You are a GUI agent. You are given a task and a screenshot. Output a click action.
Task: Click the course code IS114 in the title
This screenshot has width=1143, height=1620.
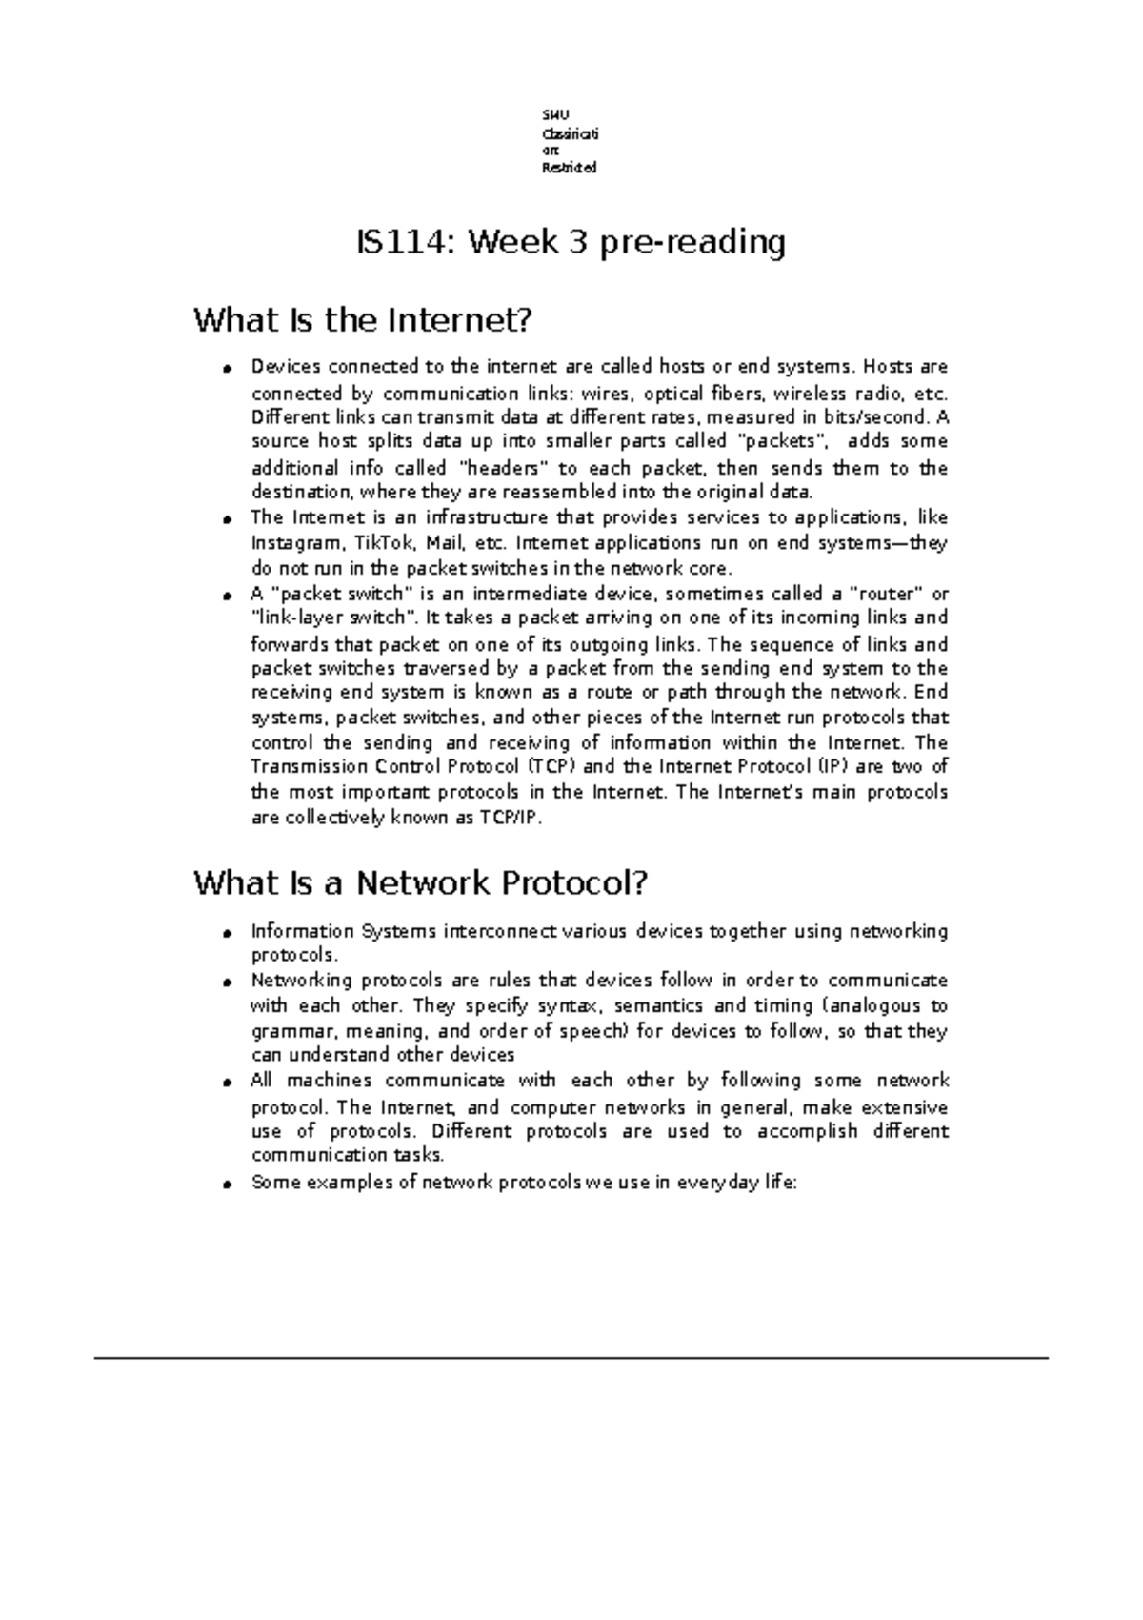401,243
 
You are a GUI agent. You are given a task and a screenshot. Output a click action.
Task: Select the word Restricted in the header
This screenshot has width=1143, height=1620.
569,168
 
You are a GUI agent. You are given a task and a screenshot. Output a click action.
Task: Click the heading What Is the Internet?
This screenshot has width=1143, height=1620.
361,320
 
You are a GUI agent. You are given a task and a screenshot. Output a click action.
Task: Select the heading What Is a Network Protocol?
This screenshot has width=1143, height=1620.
420,883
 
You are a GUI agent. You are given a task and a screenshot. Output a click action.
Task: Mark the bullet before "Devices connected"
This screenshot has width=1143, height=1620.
229,368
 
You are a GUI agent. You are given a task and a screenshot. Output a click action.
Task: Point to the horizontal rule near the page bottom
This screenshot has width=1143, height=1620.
571,1357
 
